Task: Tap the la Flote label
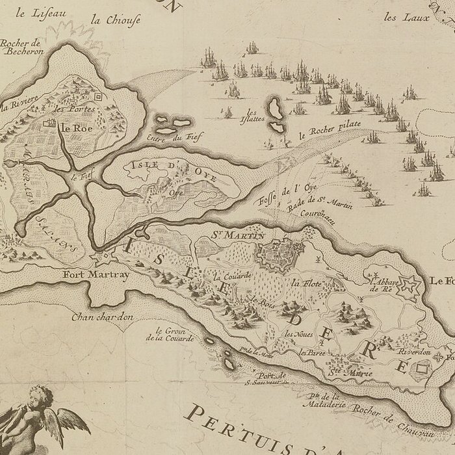pyautogui.click(x=304, y=283)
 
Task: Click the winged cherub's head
pyautogui.click(x=38, y=396)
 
